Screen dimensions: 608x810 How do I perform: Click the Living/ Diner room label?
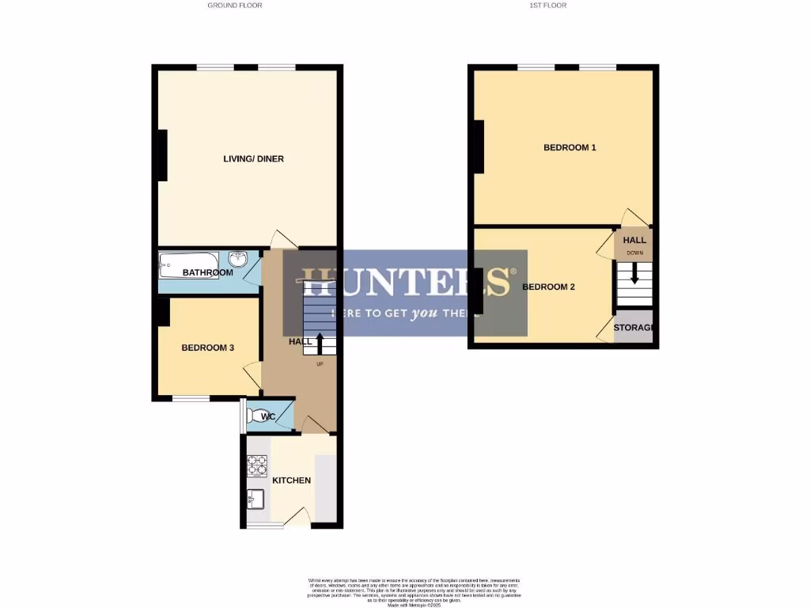pyautogui.click(x=253, y=159)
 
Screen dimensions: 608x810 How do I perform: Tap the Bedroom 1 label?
pyautogui.click(x=570, y=148)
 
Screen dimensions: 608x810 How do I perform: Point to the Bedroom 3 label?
pyautogui.click(x=207, y=348)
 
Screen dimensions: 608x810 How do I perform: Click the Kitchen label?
pyautogui.click(x=291, y=481)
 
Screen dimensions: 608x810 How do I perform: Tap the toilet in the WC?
pyautogui.click(x=259, y=416)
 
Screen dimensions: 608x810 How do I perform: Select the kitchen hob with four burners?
pyautogui.click(x=257, y=465)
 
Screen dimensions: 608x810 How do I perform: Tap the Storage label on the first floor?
pyautogui.click(x=634, y=328)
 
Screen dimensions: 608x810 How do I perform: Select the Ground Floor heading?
pyautogui.click(x=235, y=6)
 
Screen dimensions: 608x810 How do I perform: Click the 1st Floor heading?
pyautogui.click(x=548, y=6)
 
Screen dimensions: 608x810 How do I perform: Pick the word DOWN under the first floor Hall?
pyautogui.click(x=634, y=253)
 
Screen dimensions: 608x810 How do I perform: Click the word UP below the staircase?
pyautogui.click(x=320, y=364)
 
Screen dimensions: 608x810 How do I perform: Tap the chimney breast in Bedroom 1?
pyautogui.click(x=479, y=146)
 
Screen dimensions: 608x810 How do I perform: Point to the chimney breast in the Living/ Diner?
pyautogui.click(x=162, y=154)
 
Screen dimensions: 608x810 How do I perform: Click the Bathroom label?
pyautogui.click(x=207, y=273)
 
